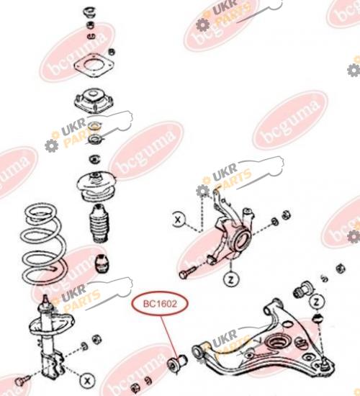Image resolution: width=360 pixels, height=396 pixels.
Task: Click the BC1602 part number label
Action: click(160, 304)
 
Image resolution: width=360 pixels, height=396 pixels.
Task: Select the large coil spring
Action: click(44, 243)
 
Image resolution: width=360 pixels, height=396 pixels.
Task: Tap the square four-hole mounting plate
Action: click(94, 65)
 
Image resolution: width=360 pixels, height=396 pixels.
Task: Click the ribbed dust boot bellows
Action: click(99, 223)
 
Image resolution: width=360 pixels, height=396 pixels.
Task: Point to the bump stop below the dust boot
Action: click(102, 264)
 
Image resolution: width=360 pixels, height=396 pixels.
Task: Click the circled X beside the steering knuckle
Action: click(179, 220)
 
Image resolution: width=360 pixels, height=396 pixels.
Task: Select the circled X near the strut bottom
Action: click(87, 380)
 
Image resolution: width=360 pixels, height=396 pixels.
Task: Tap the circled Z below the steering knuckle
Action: click(231, 279)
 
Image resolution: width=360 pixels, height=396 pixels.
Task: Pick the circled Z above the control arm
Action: click(316, 301)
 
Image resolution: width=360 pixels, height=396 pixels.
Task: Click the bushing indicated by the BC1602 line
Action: click(177, 364)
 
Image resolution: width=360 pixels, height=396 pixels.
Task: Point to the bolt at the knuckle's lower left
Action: click(187, 272)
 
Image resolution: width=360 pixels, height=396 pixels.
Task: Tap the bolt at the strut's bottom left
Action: click(22, 380)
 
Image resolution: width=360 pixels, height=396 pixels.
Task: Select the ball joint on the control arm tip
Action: click(324, 364)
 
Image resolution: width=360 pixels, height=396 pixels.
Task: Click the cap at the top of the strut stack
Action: click(89, 12)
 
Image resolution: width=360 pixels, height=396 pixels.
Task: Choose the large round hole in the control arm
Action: click(277, 343)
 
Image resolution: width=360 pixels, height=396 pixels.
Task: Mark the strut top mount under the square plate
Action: click(94, 100)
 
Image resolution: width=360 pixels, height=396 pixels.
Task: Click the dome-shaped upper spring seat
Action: click(96, 186)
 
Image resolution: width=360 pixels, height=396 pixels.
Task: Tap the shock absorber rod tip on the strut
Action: click(45, 300)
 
